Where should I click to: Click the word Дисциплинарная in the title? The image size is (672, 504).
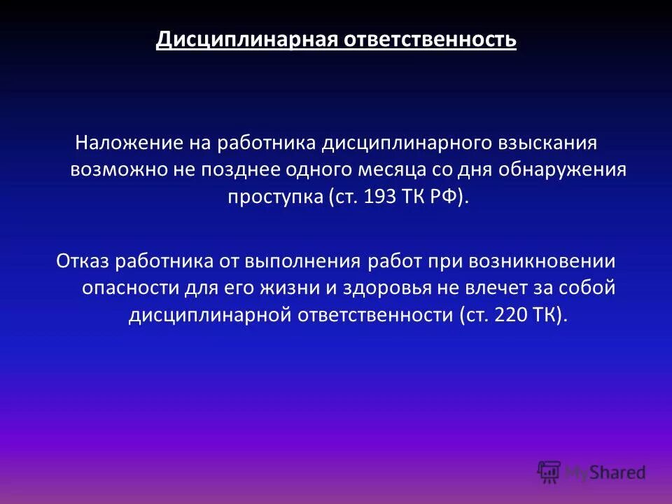(246, 39)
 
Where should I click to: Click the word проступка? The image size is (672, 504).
(273, 197)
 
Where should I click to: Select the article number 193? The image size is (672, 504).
(374, 197)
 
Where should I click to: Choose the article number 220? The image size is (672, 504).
(508, 314)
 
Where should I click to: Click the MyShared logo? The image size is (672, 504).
(591, 472)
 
